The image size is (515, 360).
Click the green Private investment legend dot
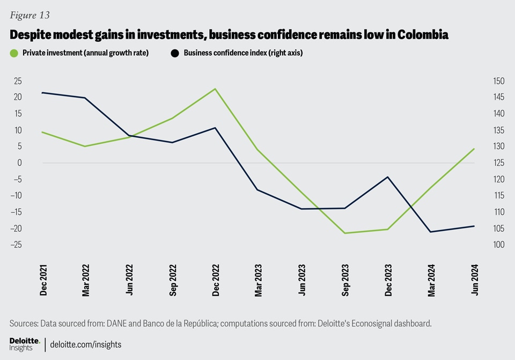[14, 53]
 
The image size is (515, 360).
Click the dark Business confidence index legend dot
[174, 53]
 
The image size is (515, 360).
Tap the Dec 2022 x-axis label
[216, 280]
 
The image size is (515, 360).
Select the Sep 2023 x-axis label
[345, 280]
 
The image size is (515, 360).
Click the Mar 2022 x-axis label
[86, 280]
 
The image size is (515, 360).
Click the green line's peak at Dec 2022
[216, 89]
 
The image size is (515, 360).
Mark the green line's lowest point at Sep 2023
[345, 233]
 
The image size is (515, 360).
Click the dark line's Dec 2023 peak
[388, 177]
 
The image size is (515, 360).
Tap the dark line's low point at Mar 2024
[431, 232]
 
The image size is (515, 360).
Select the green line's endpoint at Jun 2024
[474, 149]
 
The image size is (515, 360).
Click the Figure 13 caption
[30, 15]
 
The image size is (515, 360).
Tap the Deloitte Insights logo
[24, 344]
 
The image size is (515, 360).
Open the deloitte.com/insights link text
[86, 344]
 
